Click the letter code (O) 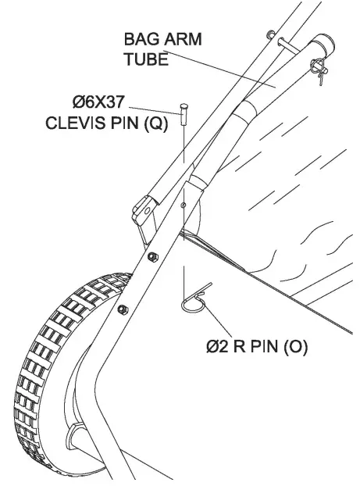coord(292,347)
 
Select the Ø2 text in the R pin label coord(217,347)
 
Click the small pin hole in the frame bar coord(182,205)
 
